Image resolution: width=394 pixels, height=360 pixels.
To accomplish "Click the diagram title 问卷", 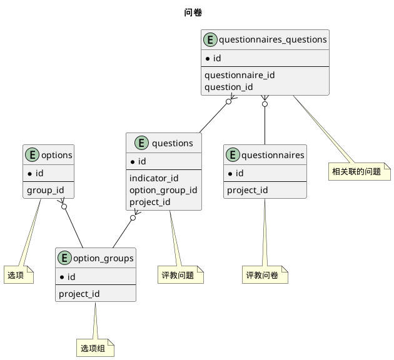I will coord(193,12).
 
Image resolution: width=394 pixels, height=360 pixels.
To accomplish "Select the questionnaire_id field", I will coord(240,75).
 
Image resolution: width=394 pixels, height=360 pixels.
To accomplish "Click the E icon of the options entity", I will coord(33,155).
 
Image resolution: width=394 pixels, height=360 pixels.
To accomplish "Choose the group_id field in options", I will coord(45,190).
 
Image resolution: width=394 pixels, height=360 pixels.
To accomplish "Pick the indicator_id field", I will coord(154,178).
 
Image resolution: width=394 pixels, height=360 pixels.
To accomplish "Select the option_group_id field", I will coord(163,190).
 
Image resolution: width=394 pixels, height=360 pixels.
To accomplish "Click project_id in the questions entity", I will coord(149,202).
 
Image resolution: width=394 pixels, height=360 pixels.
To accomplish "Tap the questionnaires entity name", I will coord(273,155).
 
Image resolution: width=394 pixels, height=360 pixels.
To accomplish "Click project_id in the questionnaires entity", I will coord(247,190).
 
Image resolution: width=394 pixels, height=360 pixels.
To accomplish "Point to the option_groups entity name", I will coord(103,259).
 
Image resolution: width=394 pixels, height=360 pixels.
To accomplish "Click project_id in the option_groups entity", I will coord(79,294).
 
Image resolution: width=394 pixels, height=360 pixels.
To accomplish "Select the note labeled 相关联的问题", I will coord(356,171).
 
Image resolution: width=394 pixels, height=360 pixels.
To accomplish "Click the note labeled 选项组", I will coord(96,348).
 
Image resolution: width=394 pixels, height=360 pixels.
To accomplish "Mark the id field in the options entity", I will coord(37,172).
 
